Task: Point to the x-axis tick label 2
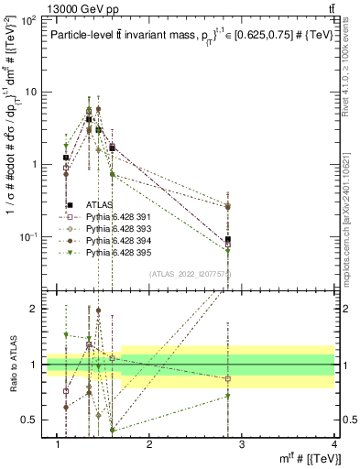(149, 445)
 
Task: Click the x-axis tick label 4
(333, 445)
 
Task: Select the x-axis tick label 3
(241, 445)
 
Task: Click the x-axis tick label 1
(58, 445)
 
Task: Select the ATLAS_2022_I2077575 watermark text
(189, 274)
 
